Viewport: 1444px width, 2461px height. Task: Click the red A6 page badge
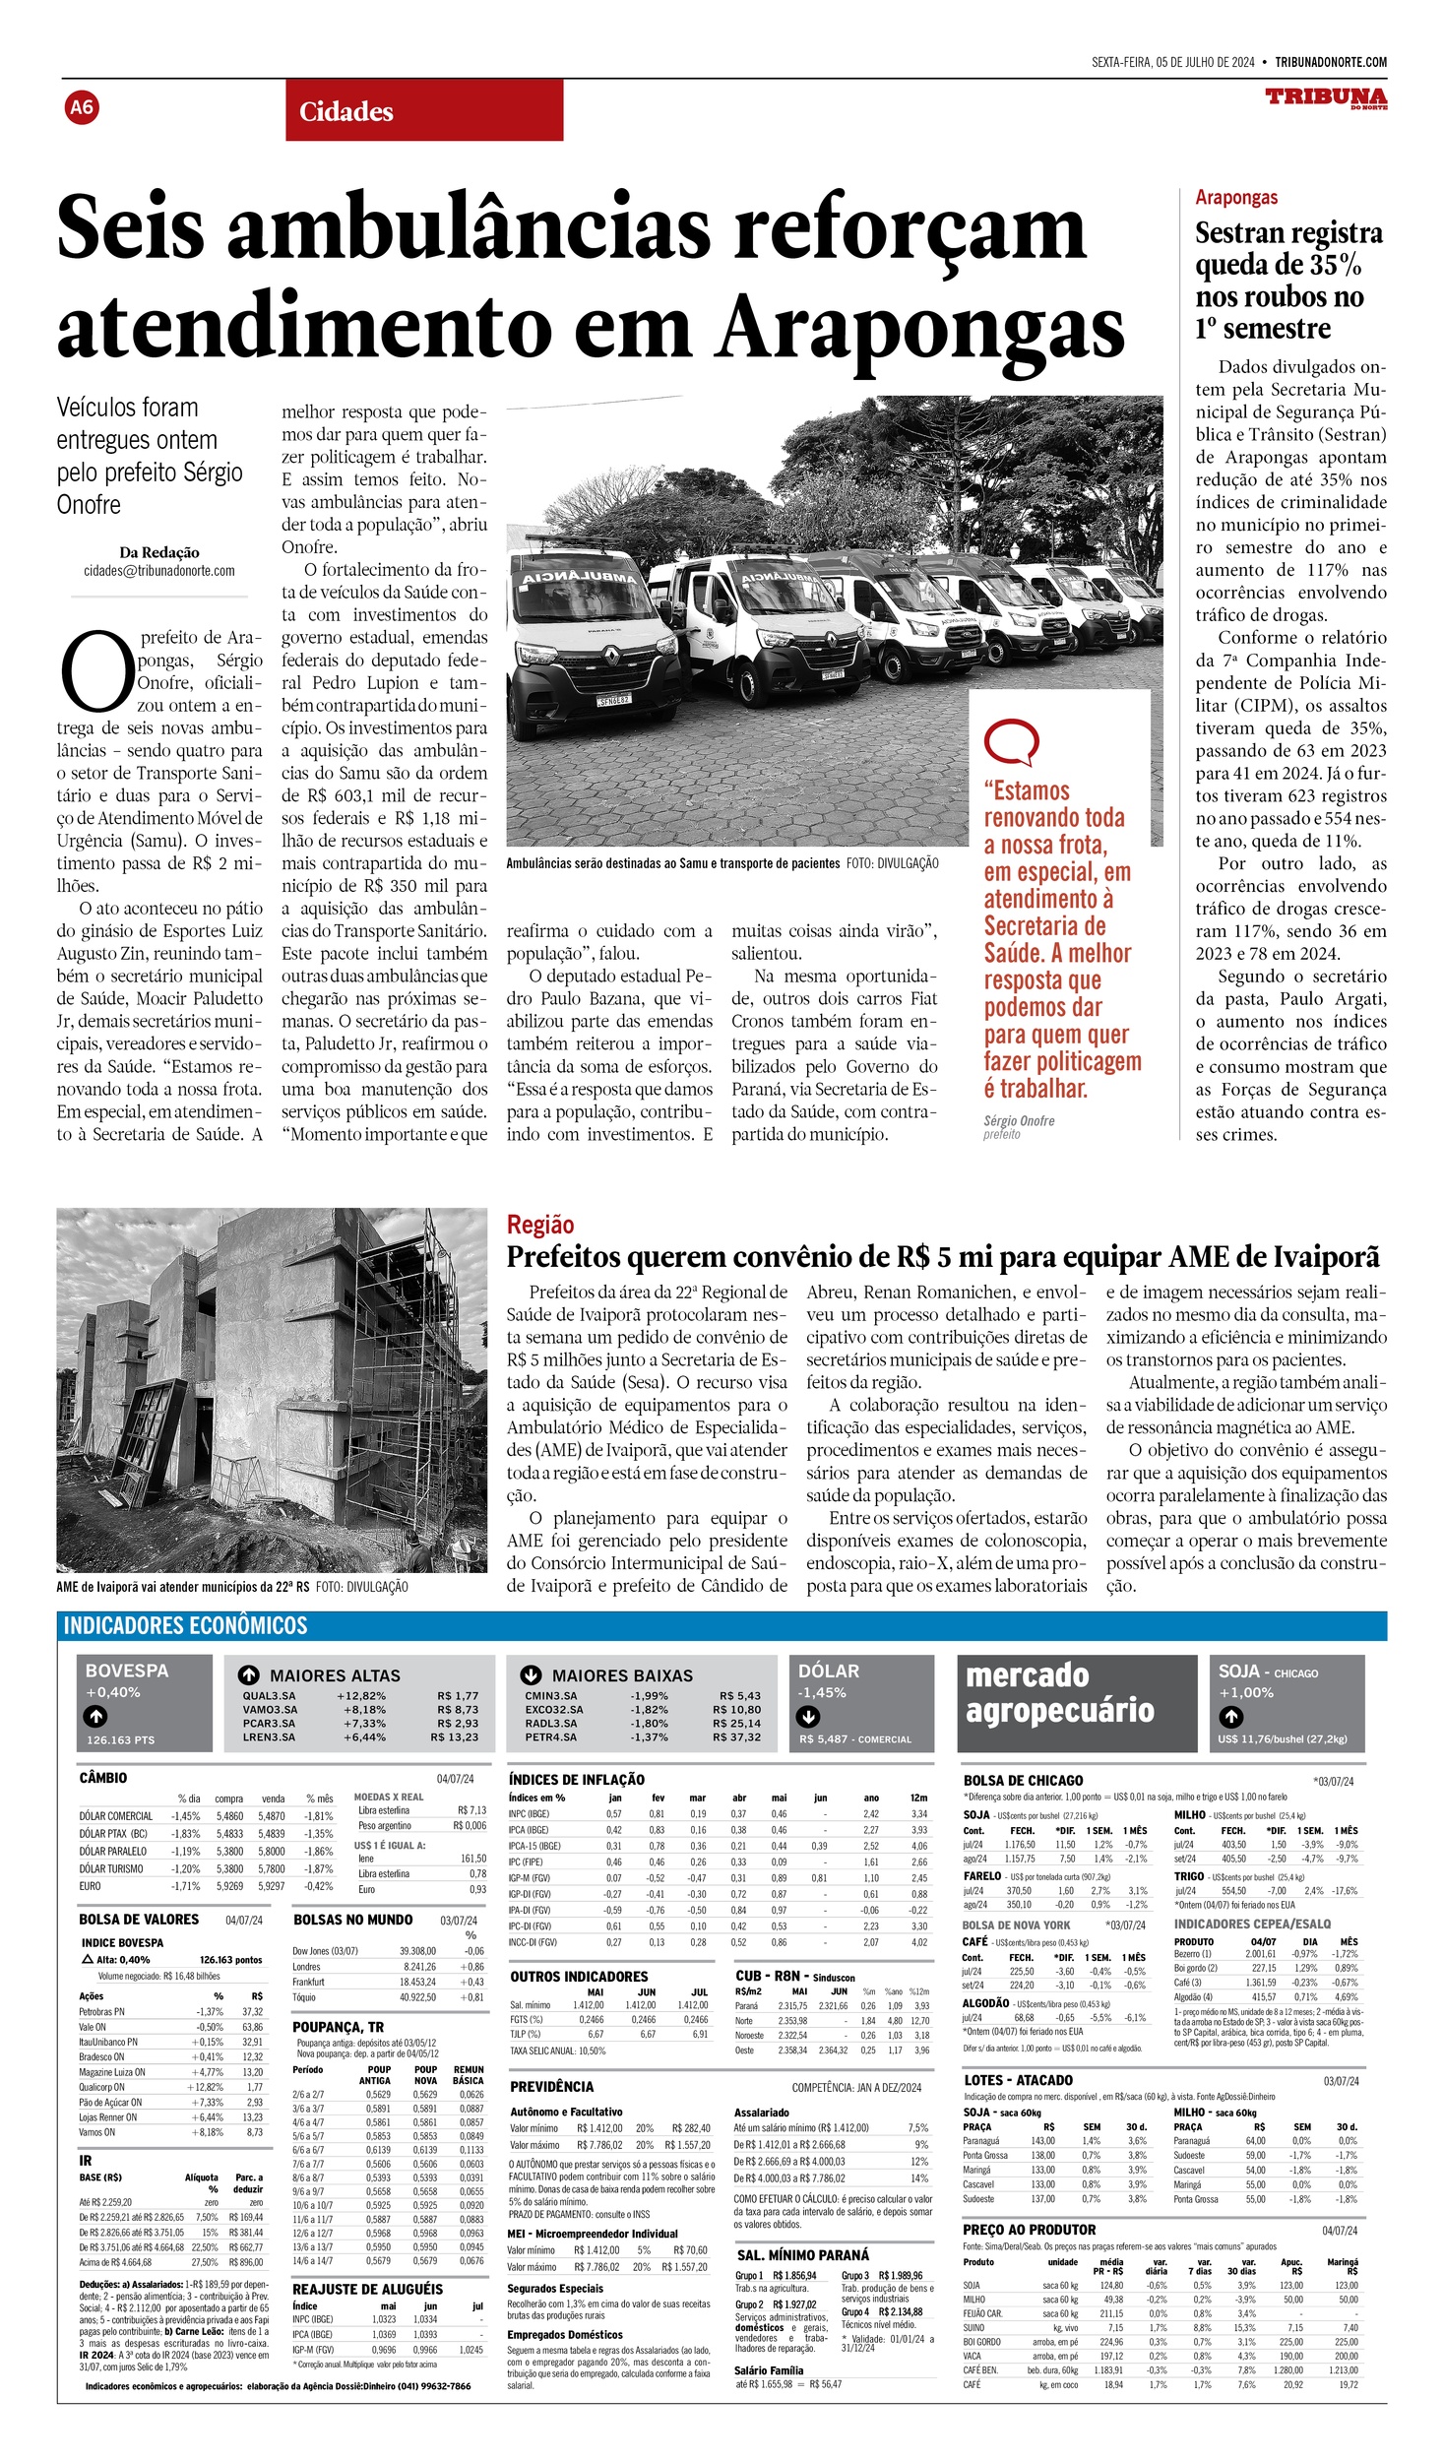click(82, 106)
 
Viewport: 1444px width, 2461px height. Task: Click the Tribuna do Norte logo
click(1326, 98)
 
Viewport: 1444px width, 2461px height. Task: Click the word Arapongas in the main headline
click(919, 327)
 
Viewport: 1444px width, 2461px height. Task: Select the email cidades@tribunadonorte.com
click(158, 570)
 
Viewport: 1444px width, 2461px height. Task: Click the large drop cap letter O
click(96, 672)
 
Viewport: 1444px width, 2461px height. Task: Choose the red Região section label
click(539, 1225)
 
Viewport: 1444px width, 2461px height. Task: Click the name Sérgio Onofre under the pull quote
click(1018, 1120)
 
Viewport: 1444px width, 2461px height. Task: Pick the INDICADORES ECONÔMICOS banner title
click(185, 1626)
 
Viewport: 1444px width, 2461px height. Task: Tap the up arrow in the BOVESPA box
click(95, 1717)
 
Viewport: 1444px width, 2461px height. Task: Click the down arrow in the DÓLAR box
click(808, 1717)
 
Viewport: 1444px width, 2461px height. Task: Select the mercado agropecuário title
click(1060, 1693)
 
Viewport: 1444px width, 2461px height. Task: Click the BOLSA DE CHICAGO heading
click(1023, 1781)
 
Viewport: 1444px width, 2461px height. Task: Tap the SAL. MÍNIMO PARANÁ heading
click(802, 2255)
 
